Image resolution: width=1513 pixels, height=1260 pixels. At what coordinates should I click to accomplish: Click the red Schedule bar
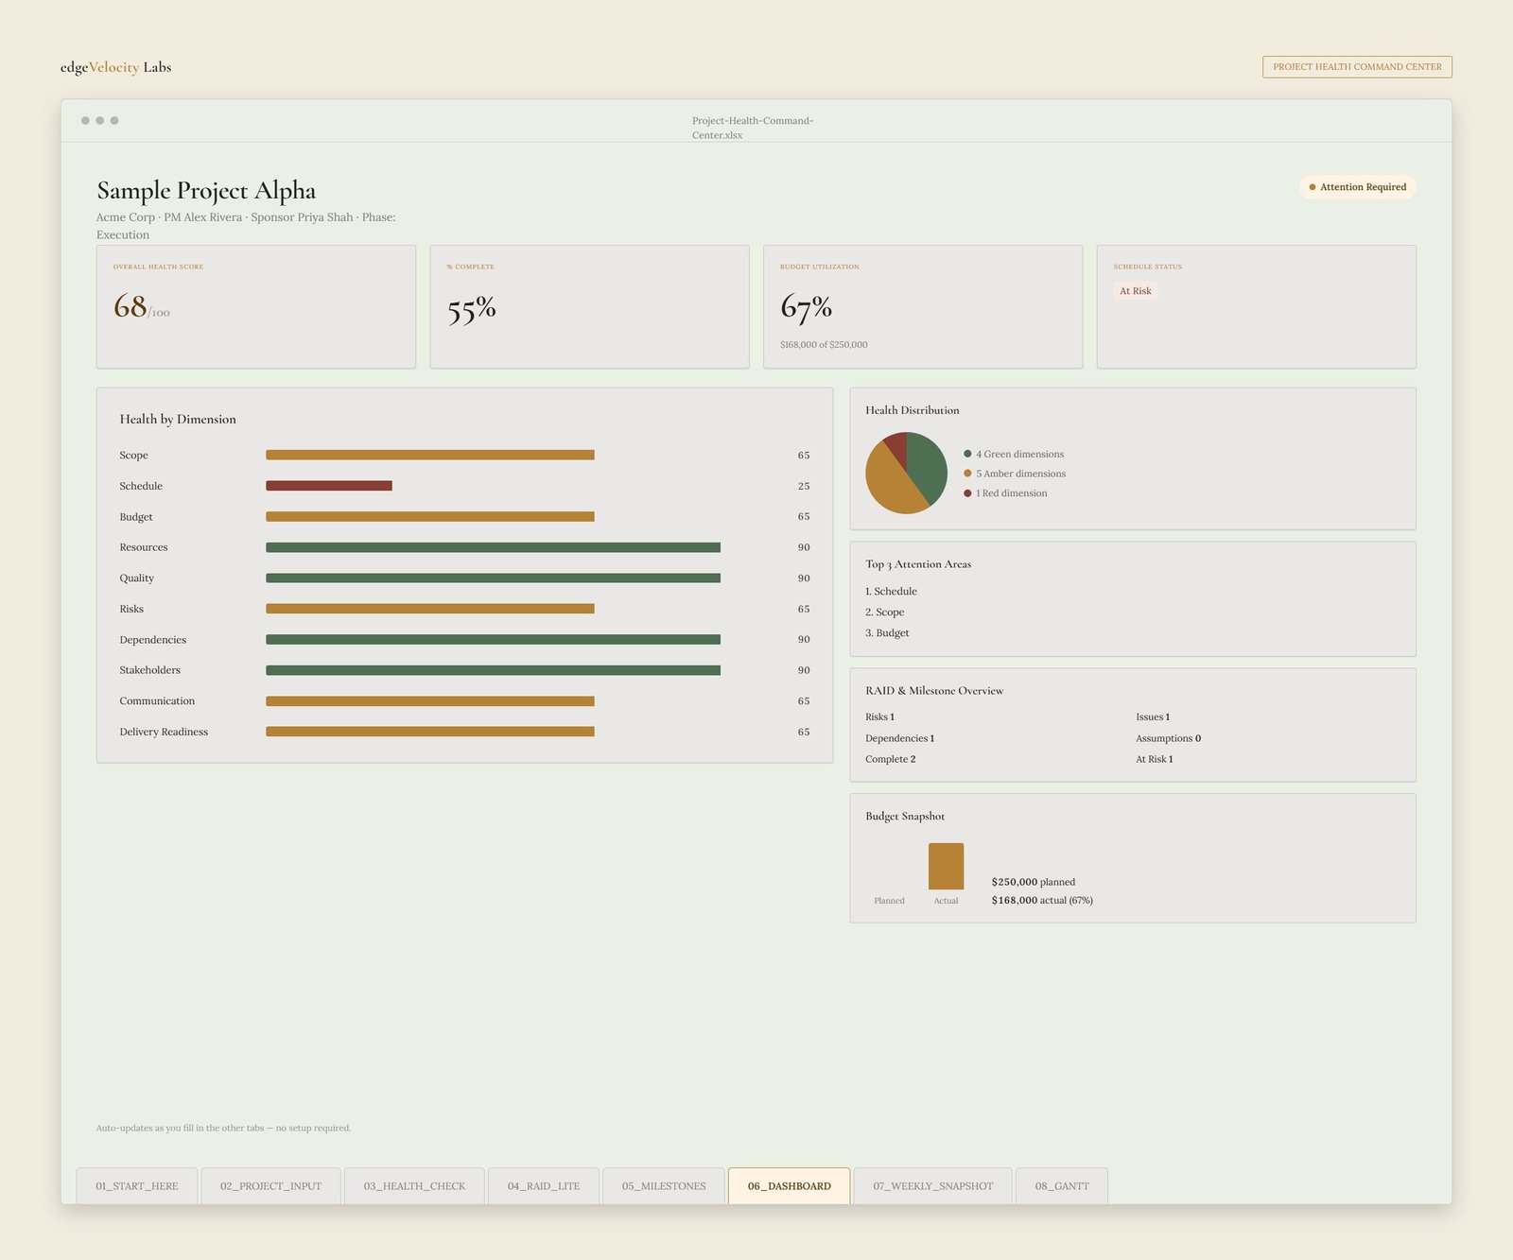pyautogui.click(x=329, y=486)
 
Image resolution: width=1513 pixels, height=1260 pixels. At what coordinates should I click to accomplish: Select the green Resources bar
pyautogui.click(x=493, y=547)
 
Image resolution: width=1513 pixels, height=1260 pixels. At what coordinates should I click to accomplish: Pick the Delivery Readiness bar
pyautogui.click(x=430, y=732)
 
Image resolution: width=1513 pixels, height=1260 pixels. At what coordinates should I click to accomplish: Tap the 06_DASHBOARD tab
pyautogui.click(x=789, y=1186)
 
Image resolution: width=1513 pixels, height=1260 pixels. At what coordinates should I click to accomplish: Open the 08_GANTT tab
pyautogui.click(x=1062, y=1186)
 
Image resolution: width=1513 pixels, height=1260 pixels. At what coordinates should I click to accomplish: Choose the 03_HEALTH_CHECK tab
pyautogui.click(x=414, y=1186)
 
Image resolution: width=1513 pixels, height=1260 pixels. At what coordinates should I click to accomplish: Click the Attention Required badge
pyautogui.click(x=1357, y=187)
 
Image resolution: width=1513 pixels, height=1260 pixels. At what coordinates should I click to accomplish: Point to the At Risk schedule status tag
pyautogui.click(x=1136, y=291)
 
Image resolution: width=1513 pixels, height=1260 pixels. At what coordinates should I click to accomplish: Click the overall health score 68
pyautogui.click(x=130, y=306)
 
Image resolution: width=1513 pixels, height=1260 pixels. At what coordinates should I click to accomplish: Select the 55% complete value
pyautogui.click(x=471, y=309)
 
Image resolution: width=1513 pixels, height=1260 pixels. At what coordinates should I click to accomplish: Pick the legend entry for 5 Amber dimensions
pyautogui.click(x=1015, y=474)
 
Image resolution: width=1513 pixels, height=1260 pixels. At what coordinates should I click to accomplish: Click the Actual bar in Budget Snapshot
pyautogui.click(x=946, y=866)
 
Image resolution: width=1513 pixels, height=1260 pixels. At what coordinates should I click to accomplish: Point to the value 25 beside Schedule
pyautogui.click(x=804, y=486)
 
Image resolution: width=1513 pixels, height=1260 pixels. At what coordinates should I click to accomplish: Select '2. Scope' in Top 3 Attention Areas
pyautogui.click(x=884, y=613)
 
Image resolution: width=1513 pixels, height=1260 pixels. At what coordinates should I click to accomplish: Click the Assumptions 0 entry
pyautogui.click(x=1169, y=738)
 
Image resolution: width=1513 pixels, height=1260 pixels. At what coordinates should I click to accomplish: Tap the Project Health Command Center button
pyautogui.click(x=1357, y=67)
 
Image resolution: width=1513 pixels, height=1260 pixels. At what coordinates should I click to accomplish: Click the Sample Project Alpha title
pyautogui.click(x=206, y=191)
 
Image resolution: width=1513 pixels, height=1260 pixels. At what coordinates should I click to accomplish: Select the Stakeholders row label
pyautogui.click(x=149, y=670)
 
